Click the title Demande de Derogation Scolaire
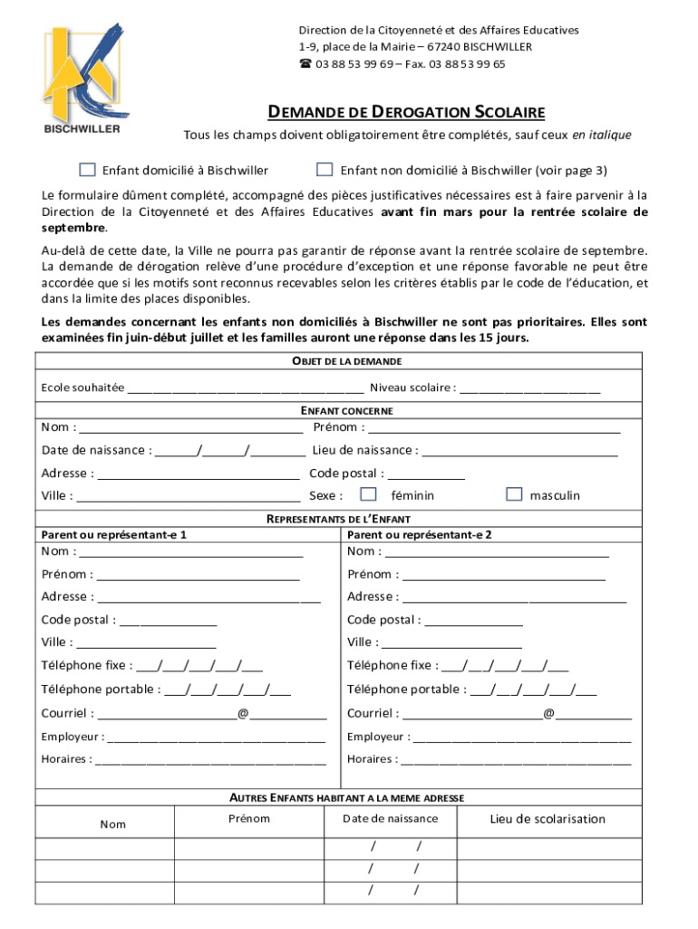405,112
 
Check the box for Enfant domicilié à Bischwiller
87,170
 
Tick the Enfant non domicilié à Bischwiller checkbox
325,170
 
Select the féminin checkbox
368,494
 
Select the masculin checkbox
514,494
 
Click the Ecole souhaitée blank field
246,388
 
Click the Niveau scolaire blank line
530,388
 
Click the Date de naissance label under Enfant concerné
95,450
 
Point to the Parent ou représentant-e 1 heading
114,534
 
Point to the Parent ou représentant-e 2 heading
420,534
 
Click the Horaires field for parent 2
516,759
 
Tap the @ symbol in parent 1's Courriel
243,714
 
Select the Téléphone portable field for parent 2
534,689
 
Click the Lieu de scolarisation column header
548,819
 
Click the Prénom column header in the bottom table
249,818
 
